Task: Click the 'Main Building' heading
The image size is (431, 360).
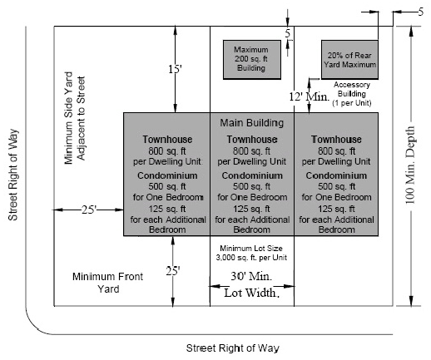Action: click(x=251, y=123)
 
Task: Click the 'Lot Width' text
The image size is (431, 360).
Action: click(x=250, y=293)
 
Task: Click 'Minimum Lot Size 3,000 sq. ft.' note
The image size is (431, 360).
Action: click(x=250, y=253)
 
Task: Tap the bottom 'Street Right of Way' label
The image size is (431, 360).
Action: click(x=232, y=348)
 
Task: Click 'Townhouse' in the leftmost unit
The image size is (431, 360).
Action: click(x=166, y=140)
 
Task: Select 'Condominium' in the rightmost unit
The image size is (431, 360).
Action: click(x=337, y=175)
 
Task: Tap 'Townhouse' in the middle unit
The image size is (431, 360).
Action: click(x=251, y=140)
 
